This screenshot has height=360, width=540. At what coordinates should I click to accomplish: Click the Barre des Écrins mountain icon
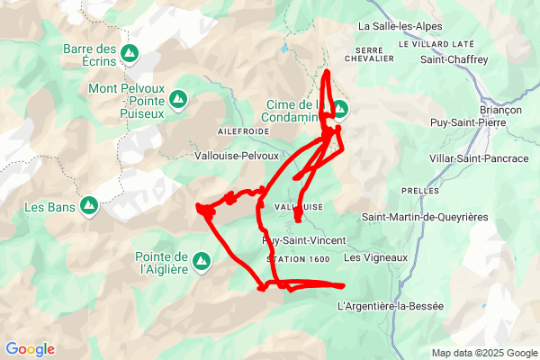click(x=130, y=53)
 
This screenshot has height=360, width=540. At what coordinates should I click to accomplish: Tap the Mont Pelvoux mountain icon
click(x=178, y=97)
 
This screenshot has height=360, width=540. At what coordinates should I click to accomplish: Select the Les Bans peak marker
click(x=89, y=207)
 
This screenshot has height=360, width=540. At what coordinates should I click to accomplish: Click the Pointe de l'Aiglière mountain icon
click(x=203, y=262)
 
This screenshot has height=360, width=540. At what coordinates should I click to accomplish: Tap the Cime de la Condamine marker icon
click(x=339, y=110)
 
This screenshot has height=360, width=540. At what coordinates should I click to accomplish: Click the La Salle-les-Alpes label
click(x=400, y=27)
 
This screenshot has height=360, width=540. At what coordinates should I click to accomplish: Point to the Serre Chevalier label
click(x=375, y=54)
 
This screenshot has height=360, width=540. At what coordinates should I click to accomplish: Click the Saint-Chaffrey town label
click(x=454, y=59)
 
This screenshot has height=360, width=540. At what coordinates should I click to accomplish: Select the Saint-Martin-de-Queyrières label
click(x=424, y=217)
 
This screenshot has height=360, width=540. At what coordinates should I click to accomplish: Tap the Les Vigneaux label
click(x=376, y=258)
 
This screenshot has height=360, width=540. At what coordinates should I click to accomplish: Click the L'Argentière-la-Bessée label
click(x=391, y=306)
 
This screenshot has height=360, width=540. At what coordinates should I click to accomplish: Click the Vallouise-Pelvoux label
click(x=237, y=155)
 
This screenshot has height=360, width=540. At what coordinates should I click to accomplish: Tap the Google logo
click(x=30, y=349)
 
